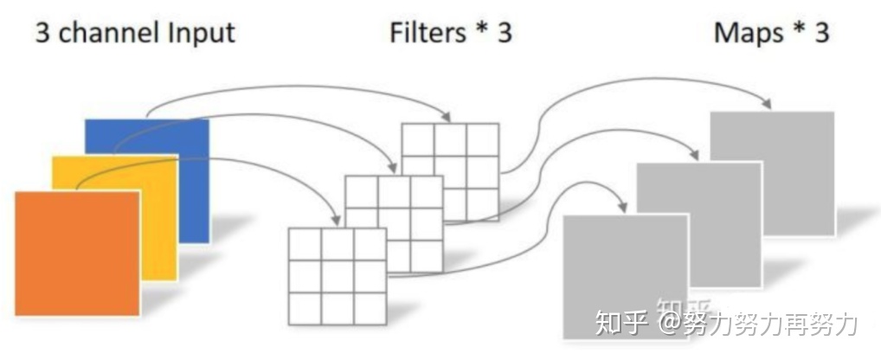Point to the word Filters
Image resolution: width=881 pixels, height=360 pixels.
(429, 33)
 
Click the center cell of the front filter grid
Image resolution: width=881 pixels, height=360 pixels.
(337, 276)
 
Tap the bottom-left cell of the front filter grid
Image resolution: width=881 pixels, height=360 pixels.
(305, 308)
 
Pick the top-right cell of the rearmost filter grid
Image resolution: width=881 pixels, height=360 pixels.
(483, 139)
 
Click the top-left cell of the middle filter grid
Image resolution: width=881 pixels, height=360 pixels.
(361, 190)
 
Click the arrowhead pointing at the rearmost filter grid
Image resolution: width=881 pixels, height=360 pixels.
(447, 117)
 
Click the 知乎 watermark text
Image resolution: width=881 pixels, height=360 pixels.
(621, 324)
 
